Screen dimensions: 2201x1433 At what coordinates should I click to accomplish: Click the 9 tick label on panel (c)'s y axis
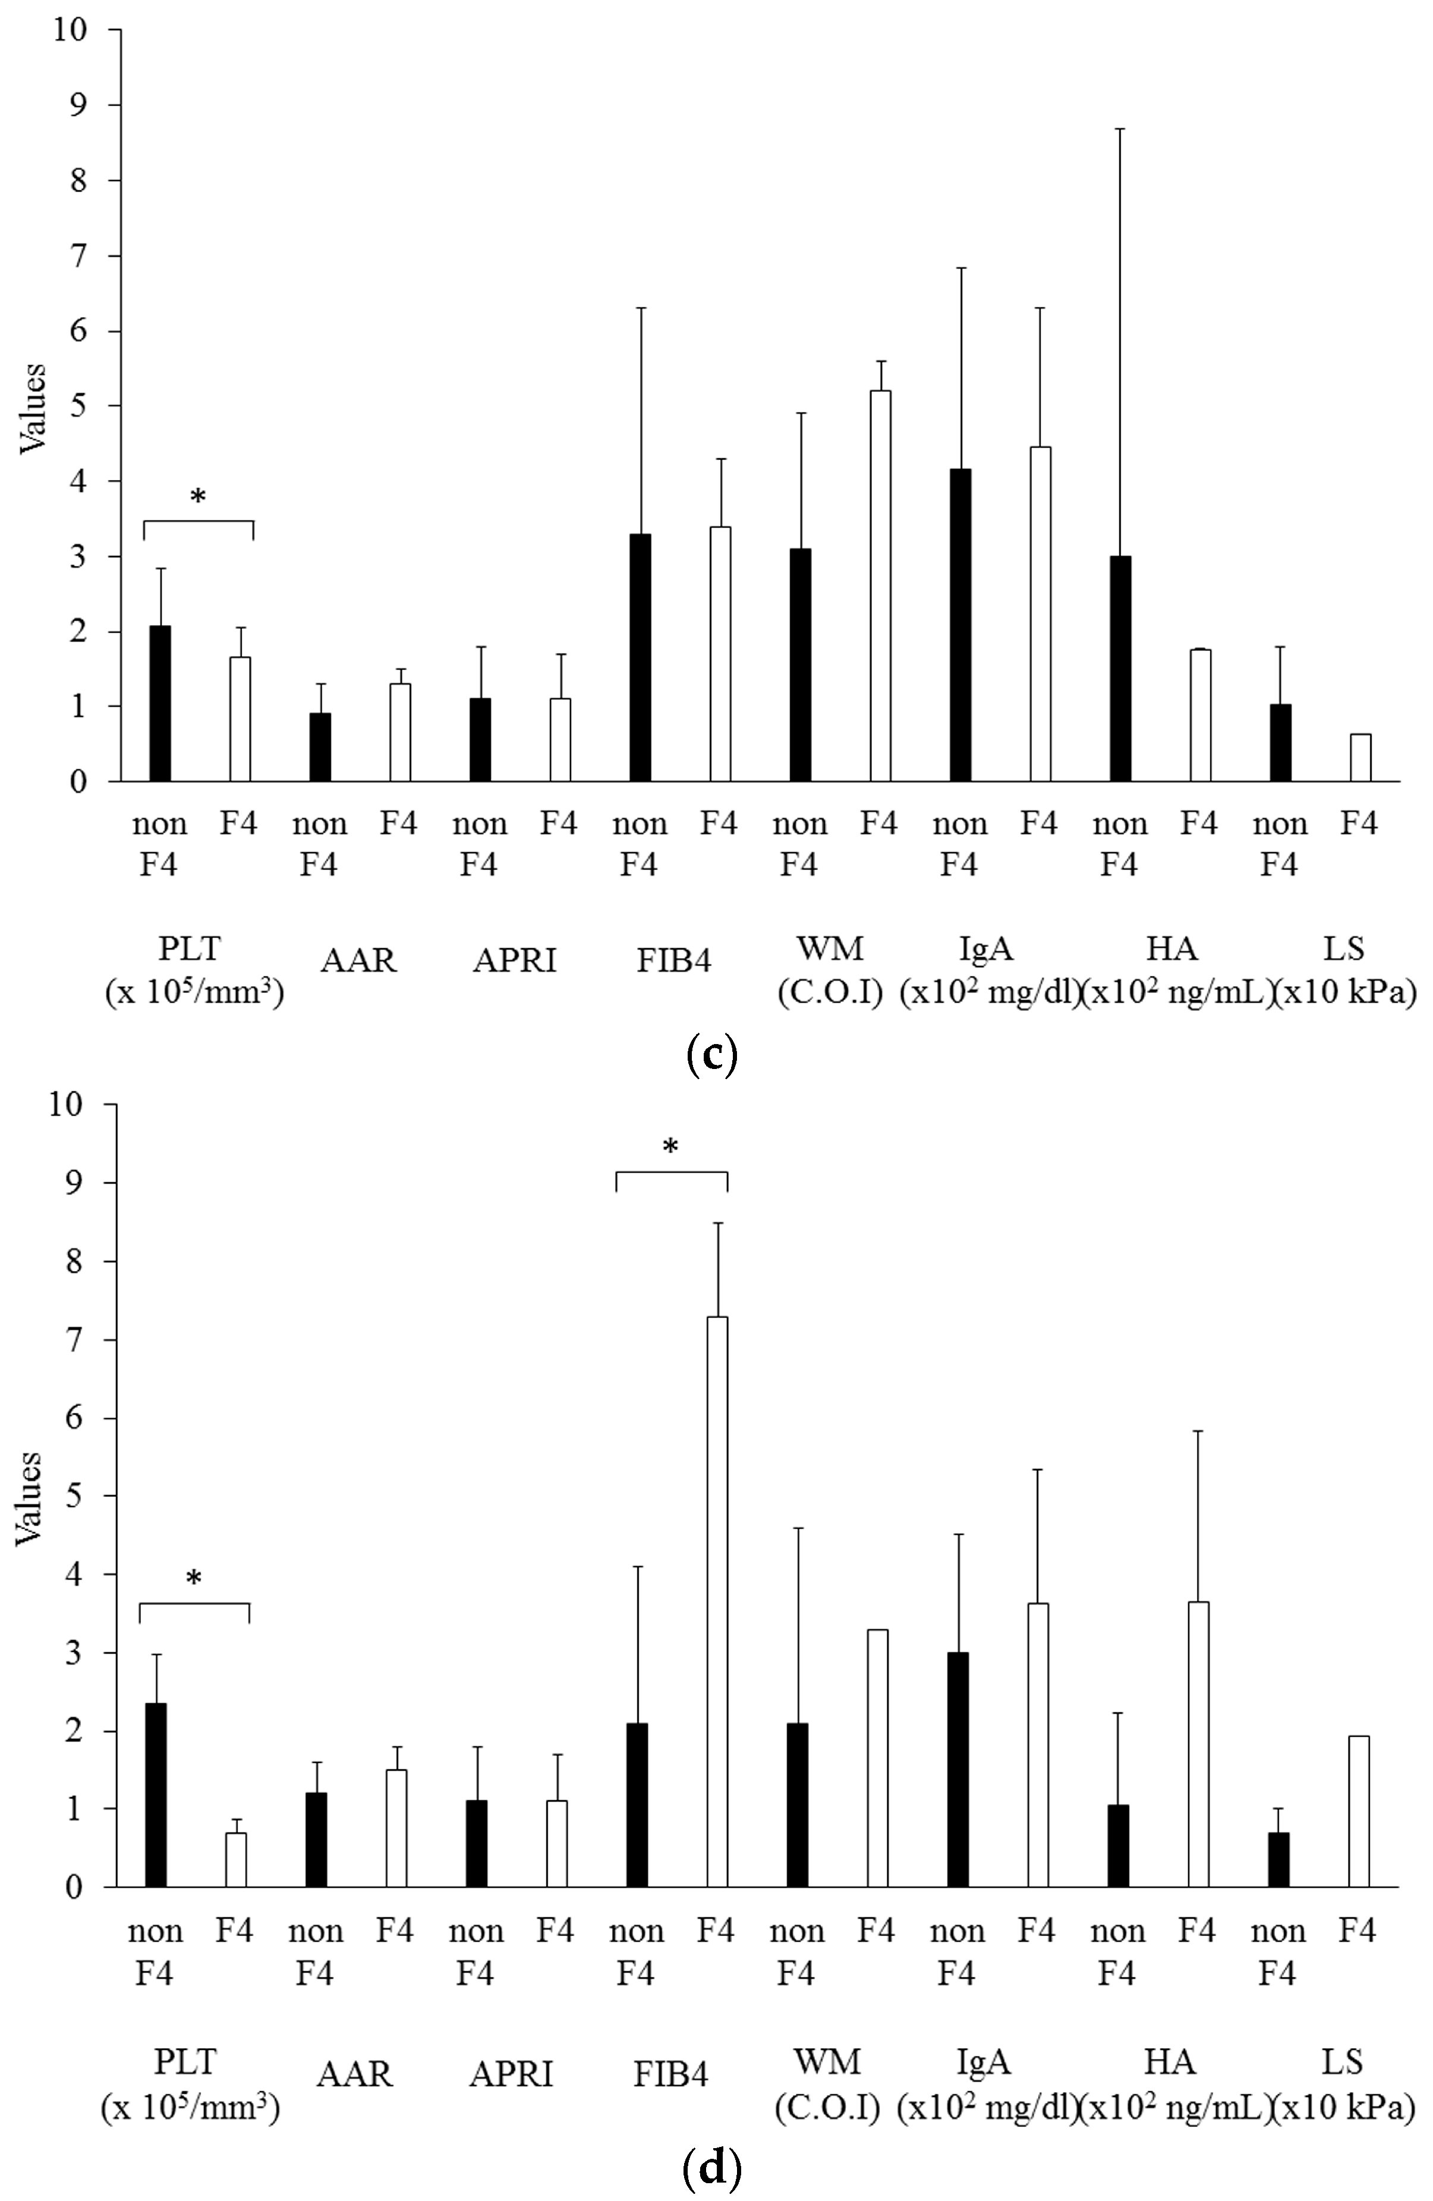[78, 105]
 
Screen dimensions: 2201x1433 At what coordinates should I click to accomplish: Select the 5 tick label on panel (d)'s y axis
[78, 1496]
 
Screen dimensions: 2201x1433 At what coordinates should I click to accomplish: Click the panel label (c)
[712, 1054]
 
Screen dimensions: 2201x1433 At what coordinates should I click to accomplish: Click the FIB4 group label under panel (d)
[670, 2075]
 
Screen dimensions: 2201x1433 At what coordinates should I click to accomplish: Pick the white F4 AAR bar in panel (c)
[399, 733]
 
